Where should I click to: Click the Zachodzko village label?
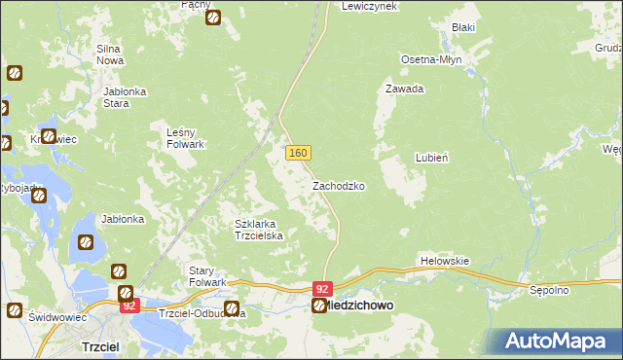coord(338,185)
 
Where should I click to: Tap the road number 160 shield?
coord(298,153)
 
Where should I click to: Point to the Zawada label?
coord(404,89)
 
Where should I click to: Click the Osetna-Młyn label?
coord(431,59)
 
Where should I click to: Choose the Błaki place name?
coord(462,27)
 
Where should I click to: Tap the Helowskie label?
coord(445,261)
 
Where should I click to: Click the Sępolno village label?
coord(548,290)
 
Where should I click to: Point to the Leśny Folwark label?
coord(185,138)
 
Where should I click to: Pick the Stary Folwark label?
coord(207,275)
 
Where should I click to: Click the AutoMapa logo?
coord(554,341)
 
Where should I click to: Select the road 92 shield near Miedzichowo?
coord(323,289)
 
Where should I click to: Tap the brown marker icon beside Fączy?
coord(213,17)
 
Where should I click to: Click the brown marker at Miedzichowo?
coord(318,306)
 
